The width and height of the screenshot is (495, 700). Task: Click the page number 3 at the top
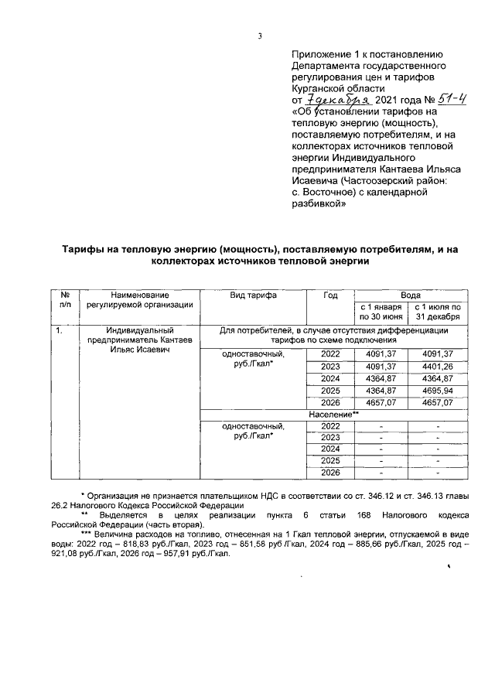click(x=261, y=35)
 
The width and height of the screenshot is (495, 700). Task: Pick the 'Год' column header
click(x=330, y=295)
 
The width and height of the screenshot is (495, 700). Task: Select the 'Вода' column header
click(x=410, y=295)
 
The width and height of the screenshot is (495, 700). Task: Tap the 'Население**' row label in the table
click(x=333, y=415)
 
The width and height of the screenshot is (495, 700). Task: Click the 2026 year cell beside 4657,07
click(x=330, y=403)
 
